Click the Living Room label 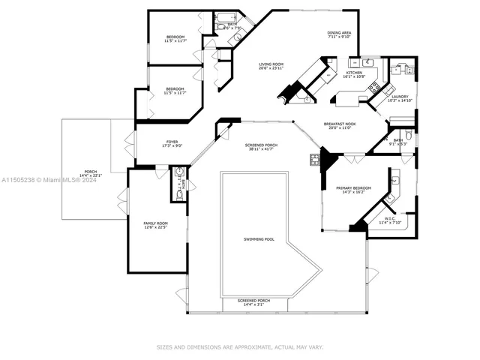click(270, 67)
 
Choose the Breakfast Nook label click(340, 126)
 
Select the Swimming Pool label click(259, 239)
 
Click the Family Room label click(155, 226)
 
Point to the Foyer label click(172, 143)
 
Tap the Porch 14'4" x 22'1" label click(91, 173)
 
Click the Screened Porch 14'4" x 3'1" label click(253, 302)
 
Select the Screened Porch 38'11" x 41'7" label click(260, 148)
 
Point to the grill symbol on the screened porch click(314, 159)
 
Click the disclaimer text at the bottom click(239, 347)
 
